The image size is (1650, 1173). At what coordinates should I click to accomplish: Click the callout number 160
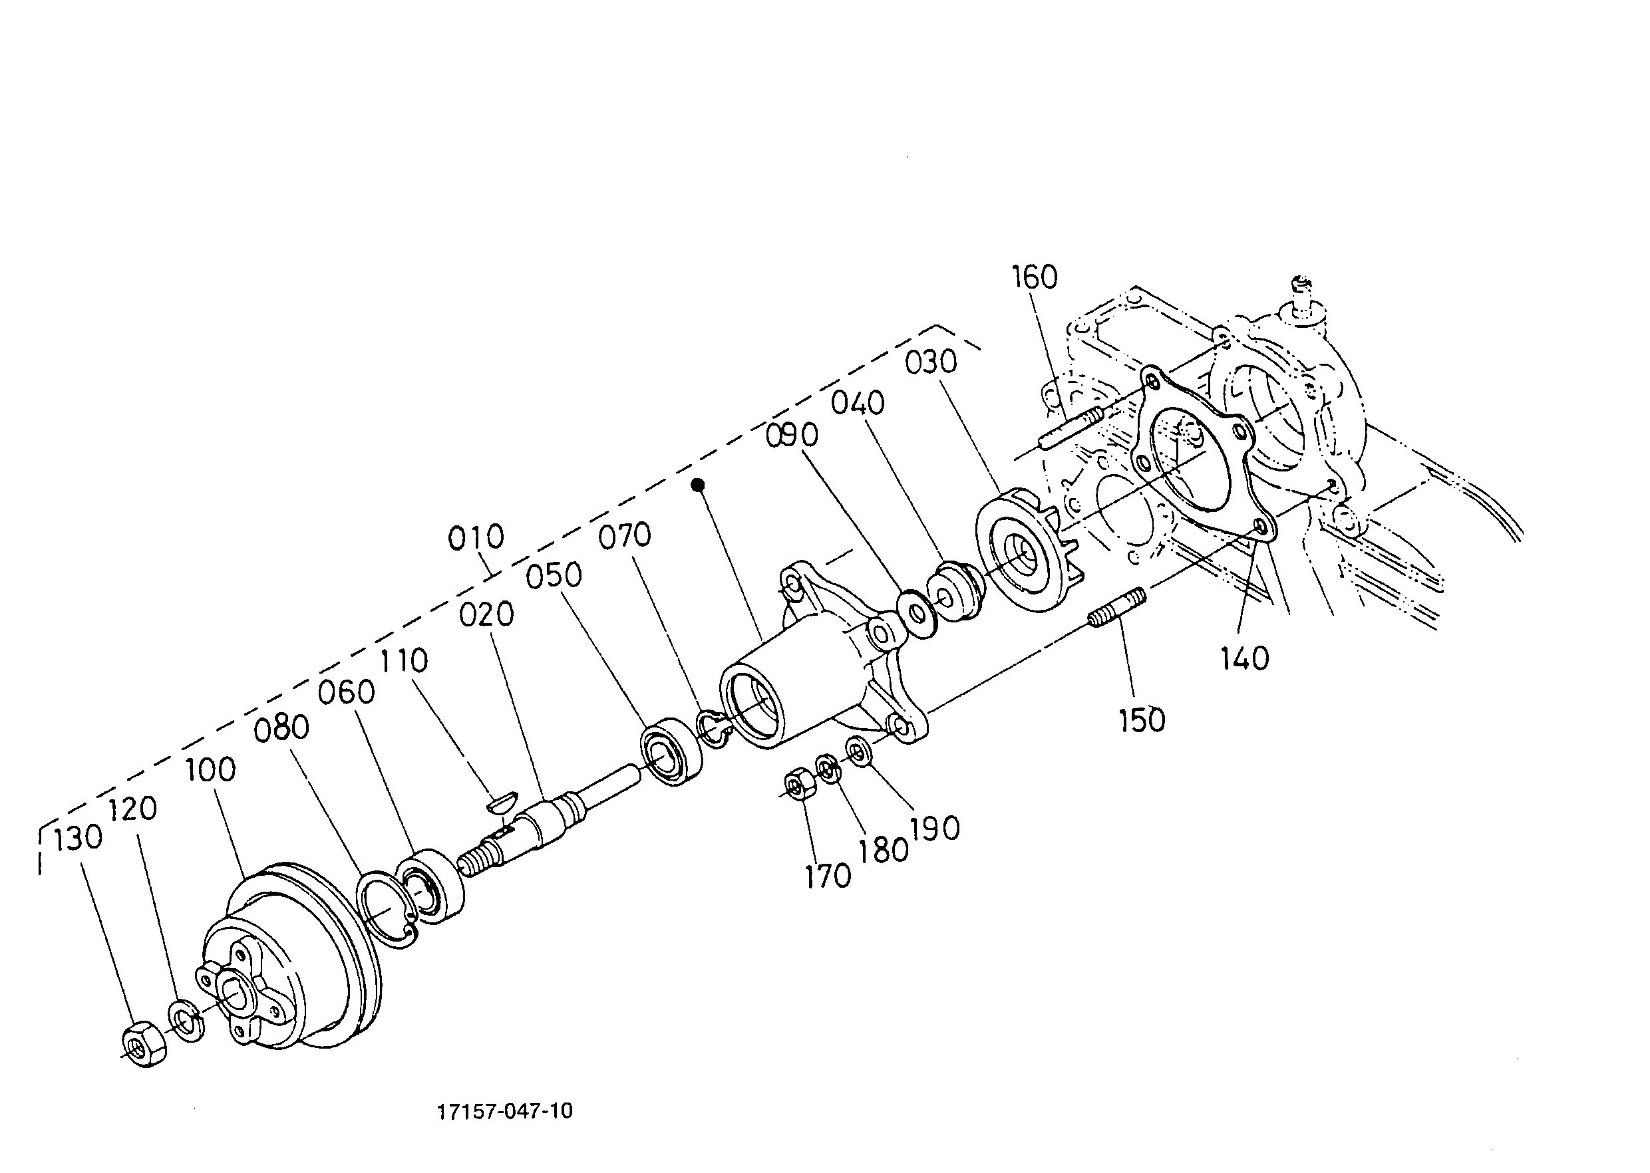[x=1034, y=277]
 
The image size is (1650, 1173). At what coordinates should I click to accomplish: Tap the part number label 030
[x=931, y=362]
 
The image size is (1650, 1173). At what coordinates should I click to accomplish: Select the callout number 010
[x=476, y=537]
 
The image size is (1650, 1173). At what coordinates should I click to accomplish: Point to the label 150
[x=1142, y=720]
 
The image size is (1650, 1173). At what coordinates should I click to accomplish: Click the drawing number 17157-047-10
[x=505, y=1111]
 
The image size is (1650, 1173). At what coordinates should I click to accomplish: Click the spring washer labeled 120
[x=187, y=1020]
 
